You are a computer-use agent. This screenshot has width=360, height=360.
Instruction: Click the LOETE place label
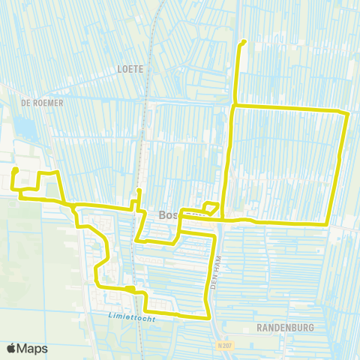coord(130,68)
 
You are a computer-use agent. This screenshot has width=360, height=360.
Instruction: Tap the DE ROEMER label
coord(42,102)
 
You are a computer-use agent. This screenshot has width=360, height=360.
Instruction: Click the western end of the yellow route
coord(14,172)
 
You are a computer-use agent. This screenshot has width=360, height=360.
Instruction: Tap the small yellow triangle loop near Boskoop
coord(211,208)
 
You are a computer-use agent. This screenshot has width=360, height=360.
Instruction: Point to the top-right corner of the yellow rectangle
coord(347,113)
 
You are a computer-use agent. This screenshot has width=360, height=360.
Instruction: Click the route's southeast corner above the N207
coord(208,317)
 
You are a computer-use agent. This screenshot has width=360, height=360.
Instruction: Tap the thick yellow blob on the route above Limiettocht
coord(130,288)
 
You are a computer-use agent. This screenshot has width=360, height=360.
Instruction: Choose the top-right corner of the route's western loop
coord(57,173)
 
